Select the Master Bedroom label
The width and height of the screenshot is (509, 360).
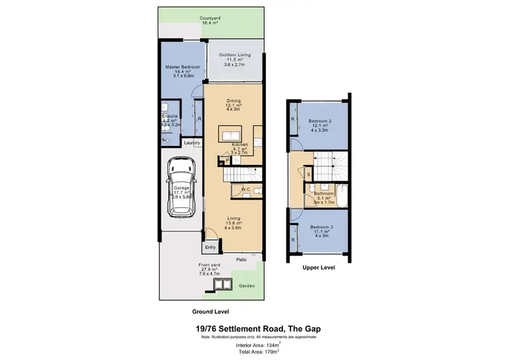[181, 67]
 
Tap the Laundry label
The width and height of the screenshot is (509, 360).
[192, 143]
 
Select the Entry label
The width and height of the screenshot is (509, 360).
[210, 247]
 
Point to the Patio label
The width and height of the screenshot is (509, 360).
[241, 259]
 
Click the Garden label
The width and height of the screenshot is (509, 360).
[247, 286]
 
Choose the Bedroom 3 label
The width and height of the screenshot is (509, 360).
[320, 227]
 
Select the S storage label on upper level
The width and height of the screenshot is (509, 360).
[308, 175]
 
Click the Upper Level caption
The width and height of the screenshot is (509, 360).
[318, 268]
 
